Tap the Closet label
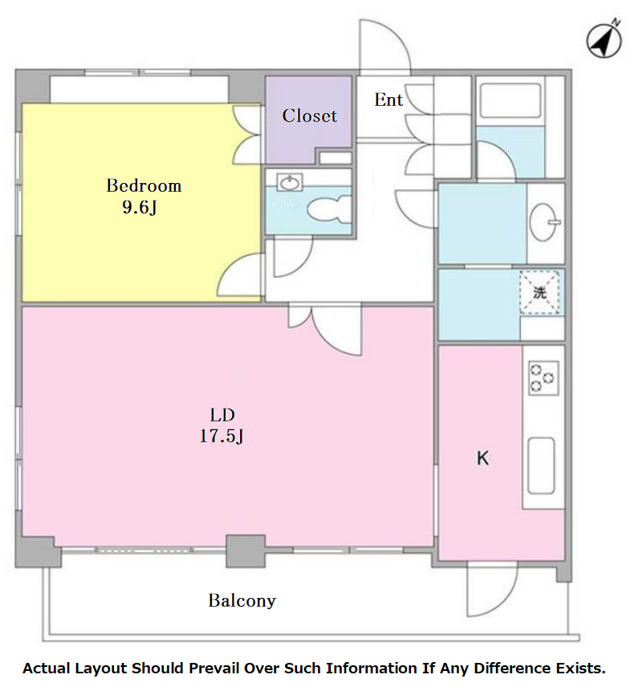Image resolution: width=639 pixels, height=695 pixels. (x=310, y=116)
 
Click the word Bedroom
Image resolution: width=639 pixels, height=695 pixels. (x=144, y=185)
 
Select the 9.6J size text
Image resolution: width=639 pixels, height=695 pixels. (x=140, y=207)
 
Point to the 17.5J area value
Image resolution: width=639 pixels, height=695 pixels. (x=222, y=436)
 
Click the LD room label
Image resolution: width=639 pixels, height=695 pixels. (x=222, y=415)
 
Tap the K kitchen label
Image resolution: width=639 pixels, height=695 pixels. (x=482, y=458)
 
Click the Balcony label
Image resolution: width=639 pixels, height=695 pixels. (x=242, y=600)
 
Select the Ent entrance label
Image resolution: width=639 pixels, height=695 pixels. (x=389, y=100)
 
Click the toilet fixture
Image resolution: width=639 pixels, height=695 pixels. (x=328, y=209)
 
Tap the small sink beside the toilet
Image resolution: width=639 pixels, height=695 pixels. (x=290, y=182)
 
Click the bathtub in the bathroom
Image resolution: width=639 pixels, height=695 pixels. (x=511, y=100)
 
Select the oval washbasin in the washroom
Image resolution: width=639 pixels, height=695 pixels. (x=544, y=222)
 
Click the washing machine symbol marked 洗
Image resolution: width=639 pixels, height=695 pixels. (x=539, y=293)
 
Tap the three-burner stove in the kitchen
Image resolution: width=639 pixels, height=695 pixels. (x=543, y=378)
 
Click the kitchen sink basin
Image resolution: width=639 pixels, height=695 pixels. (x=541, y=465)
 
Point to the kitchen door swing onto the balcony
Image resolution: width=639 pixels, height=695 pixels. (x=492, y=589)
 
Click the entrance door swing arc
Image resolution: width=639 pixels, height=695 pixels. (x=385, y=44)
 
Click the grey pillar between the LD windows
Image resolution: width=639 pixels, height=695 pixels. (x=245, y=551)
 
